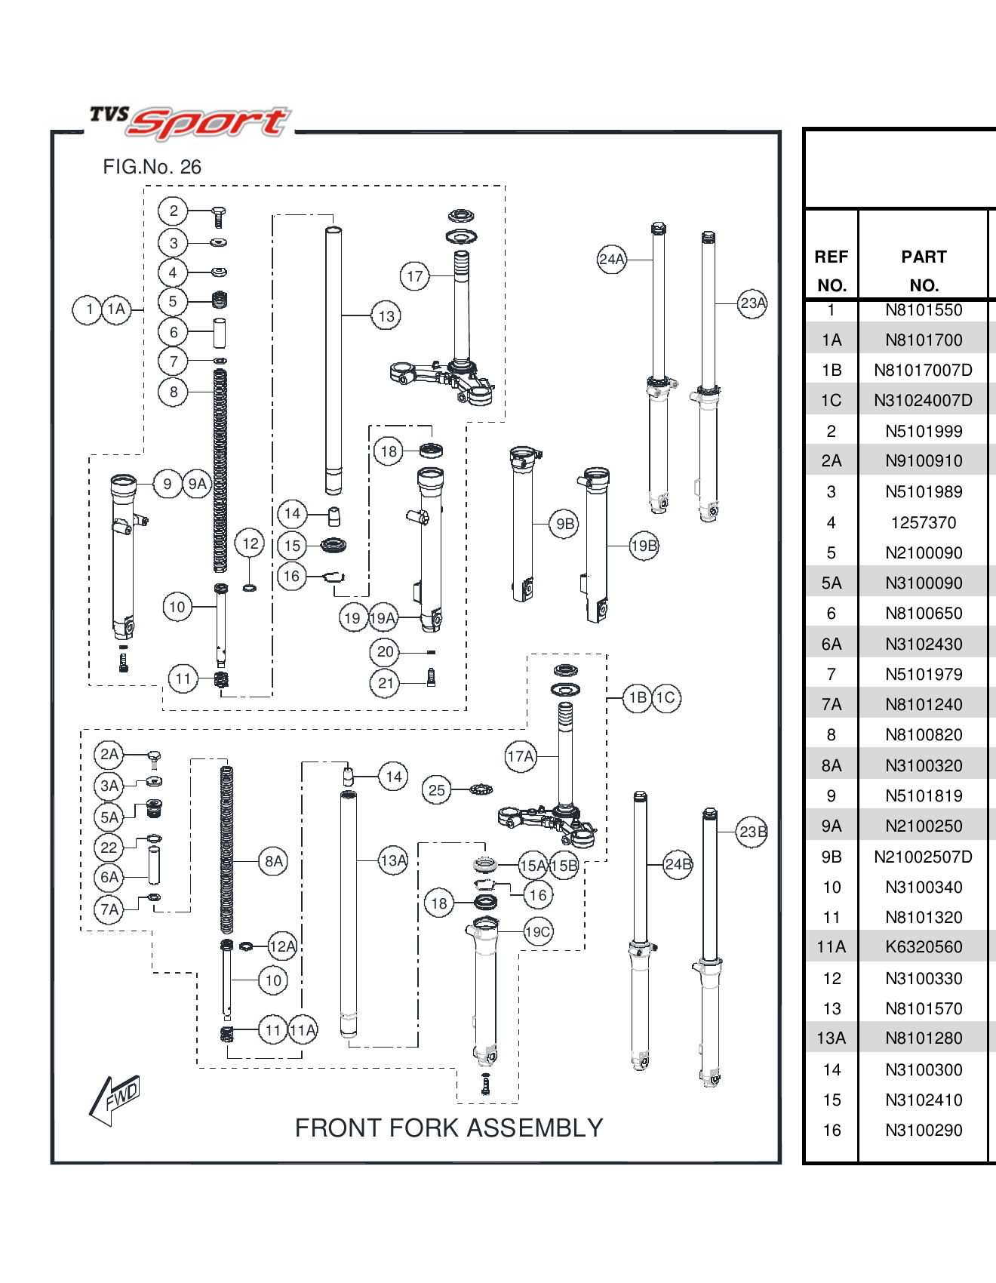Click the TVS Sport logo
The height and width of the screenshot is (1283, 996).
[190, 122]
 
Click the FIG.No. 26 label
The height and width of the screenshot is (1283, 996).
[152, 167]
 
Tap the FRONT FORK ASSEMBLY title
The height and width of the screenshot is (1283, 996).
[448, 1128]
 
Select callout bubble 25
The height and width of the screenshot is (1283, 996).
[436, 790]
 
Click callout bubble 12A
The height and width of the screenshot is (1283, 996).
[282, 946]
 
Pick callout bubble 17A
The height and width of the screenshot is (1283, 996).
[521, 756]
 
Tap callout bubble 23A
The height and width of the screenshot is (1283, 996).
[752, 303]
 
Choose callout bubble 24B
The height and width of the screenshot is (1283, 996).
[678, 864]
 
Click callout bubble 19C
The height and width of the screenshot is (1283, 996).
[538, 932]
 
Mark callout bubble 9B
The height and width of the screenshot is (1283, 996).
[565, 524]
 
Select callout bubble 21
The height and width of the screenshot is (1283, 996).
[385, 683]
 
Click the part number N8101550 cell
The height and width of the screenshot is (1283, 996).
[924, 310]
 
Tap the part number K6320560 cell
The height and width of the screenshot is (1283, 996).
[924, 947]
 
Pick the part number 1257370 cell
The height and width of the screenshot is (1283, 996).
[924, 522]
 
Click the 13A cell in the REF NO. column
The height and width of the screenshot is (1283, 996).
[832, 1038]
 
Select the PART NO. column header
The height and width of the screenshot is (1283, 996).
[924, 270]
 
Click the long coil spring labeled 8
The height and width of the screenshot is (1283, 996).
[220, 468]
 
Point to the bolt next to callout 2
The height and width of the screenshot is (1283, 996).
[219, 217]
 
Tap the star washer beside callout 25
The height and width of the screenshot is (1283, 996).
[481, 790]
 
